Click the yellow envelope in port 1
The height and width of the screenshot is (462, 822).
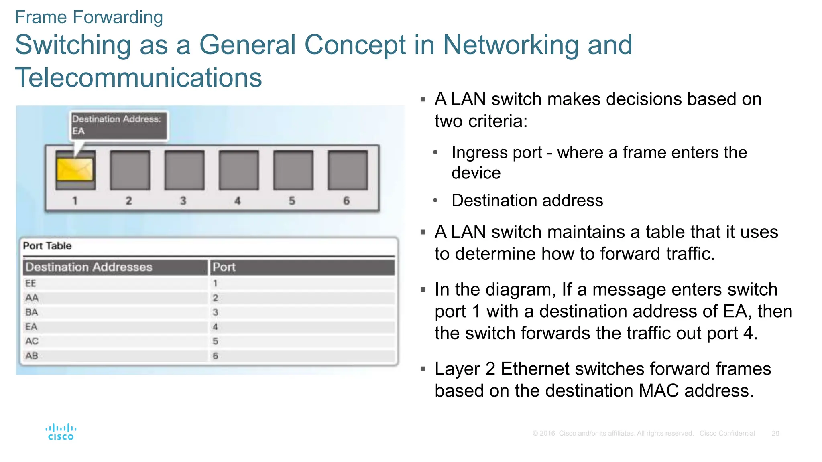(x=75, y=170)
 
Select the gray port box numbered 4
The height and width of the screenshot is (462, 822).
(x=239, y=170)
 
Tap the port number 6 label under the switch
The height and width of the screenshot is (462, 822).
(x=346, y=201)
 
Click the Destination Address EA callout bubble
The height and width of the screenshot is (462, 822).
(x=119, y=125)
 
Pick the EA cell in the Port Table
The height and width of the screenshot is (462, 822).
(x=31, y=327)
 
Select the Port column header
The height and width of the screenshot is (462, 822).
(x=224, y=267)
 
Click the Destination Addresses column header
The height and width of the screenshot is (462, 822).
(x=89, y=267)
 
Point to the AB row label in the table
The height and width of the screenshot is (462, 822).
(x=32, y=356)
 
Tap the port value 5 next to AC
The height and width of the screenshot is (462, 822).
(x=216, y=341)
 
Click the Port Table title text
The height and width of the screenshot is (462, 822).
(x=47, y=246)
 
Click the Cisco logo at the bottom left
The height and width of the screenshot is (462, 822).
(x=61, y=432)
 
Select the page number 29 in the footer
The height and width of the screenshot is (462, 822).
(x=775, y=434)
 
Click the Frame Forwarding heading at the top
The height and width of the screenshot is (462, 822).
(x=89, y=17)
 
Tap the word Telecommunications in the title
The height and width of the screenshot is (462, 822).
(x=138, y=77)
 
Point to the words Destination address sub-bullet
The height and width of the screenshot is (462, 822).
(x=527, y=200)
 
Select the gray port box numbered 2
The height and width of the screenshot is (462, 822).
(x=130, y=170)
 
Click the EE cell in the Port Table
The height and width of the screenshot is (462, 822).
(x=31, y=283)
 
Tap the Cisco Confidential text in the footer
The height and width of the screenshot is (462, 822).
(x=727, y=434)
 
